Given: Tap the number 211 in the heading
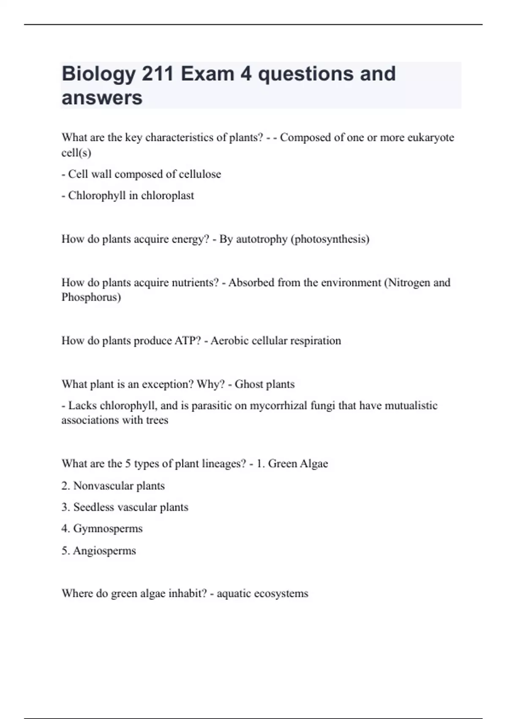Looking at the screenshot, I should click(x=158, y=74).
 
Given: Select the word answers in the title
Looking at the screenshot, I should click(x=102, y=98).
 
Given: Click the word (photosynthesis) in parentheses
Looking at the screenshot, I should click(x=330, y=239).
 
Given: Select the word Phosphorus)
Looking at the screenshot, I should click(x=91, y=297).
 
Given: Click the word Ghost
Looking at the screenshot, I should click(x=249, y=384).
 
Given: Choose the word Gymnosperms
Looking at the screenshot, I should click(x=108, y=529).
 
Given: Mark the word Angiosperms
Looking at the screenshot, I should click(x=104, y=551).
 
